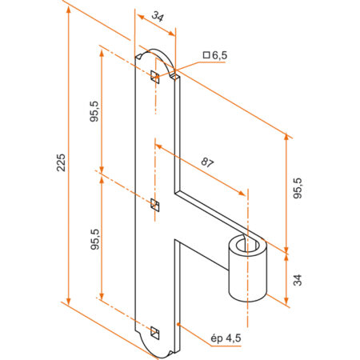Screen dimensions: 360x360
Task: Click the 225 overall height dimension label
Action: (x=61, y=162)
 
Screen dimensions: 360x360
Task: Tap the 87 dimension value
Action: (x=207, y=162)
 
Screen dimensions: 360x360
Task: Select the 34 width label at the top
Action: (x=158, y=17)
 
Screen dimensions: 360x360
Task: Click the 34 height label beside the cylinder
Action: (x=298, y=280)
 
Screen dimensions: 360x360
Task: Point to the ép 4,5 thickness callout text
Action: (x=226, y=338)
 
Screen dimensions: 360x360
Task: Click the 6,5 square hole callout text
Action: (x=219, y=55)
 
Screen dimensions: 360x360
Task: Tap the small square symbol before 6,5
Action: (x=206, y=55)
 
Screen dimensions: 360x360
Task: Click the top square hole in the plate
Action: (x=154, y=77)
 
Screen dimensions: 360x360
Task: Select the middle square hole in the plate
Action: (x=154, y=205)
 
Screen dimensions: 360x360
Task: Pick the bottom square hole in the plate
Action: (x=154, y=333)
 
